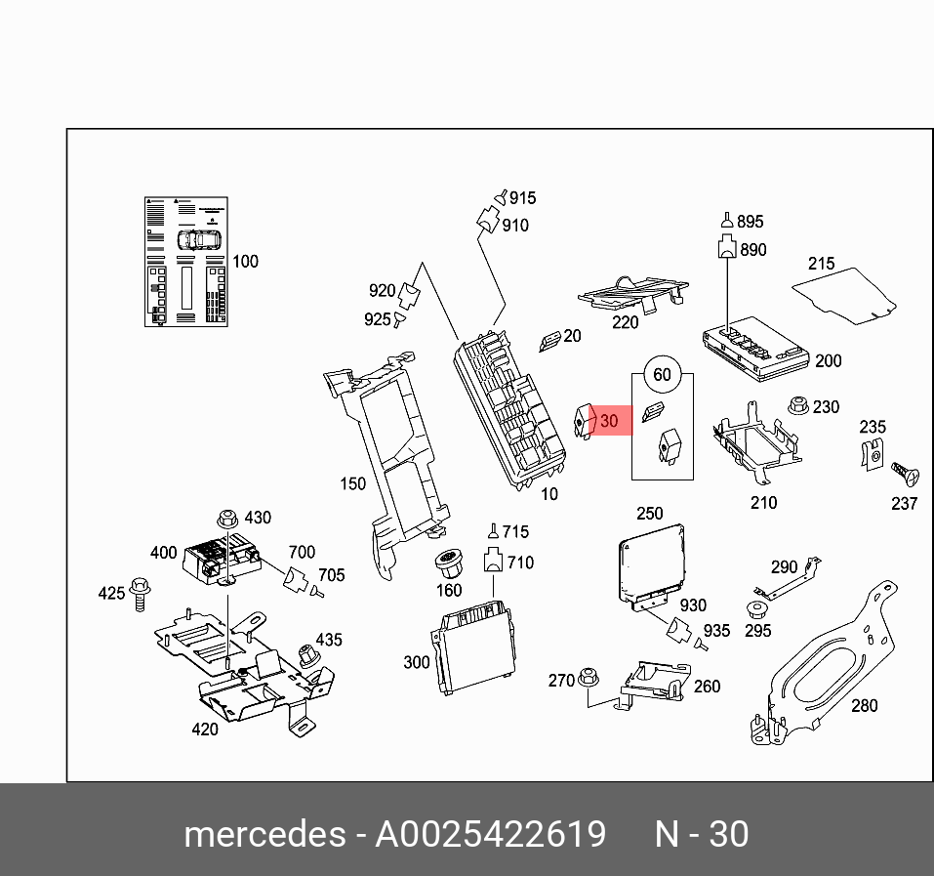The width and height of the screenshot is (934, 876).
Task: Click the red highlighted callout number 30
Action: (609, 421)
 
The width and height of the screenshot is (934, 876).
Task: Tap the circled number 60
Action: (662, 375)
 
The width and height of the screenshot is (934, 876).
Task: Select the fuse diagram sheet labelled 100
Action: (186, 261)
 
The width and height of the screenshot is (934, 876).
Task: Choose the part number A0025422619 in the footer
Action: (491, 835)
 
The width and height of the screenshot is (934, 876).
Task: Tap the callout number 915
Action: (522, 198)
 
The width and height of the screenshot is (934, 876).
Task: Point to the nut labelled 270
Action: (589, 676)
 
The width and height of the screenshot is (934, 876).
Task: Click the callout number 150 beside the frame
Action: (352, 483)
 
